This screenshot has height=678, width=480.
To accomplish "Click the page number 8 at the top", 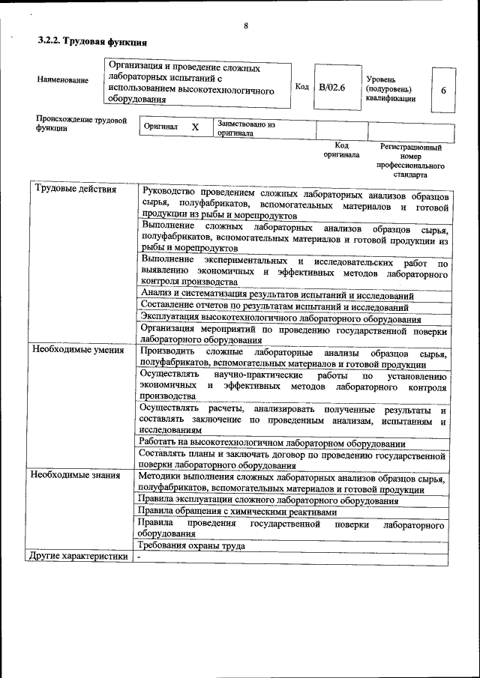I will click(245, 27).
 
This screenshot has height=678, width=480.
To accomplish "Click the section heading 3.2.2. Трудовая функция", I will click(92, 43).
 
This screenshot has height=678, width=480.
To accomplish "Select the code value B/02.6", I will click(331, 88).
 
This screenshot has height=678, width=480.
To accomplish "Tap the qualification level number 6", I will click(443, 91).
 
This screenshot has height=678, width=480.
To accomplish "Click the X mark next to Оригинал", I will click(195, 127).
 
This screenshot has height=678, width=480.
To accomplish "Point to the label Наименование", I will click(62, 80).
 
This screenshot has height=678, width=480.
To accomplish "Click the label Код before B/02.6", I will click(301, 87).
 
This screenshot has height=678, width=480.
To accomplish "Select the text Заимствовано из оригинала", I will click(246, 129).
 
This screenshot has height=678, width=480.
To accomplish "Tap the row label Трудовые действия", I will click(76, 189).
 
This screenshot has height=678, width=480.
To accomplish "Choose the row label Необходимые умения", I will click(77, 351).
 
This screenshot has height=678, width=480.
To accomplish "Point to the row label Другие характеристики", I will click(77, 557).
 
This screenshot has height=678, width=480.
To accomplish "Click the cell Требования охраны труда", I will click(192, 545).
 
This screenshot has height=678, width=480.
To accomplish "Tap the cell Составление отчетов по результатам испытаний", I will click(274, 307).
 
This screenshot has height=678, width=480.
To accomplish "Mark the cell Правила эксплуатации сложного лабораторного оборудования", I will click(268, 500).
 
